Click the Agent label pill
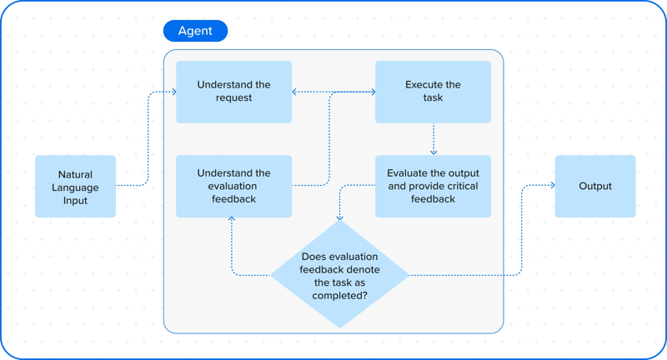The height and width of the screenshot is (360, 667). (x=195, y=31)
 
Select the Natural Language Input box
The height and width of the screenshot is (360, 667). (x=75, y=187)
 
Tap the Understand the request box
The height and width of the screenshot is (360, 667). (x=233, y=91)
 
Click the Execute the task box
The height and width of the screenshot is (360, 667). (x=433, y=91)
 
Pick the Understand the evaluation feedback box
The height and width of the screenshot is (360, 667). (x=233, y=186)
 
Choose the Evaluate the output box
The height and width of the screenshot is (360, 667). (x=433, y=186)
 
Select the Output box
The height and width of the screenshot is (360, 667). (x=594, y=186)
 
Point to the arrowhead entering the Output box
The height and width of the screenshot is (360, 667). (x=551, y=186)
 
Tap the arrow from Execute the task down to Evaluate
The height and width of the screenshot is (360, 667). (x=433, y=138)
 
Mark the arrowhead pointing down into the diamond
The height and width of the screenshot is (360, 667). (x=339, y=217)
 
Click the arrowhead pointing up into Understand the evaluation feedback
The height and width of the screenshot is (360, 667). (x=232, y=221)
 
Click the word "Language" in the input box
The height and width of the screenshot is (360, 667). (x=75, y=187)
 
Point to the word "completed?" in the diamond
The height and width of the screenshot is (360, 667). (x=339, y=295)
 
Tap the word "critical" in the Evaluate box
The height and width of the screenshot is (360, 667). (x=456, y=186)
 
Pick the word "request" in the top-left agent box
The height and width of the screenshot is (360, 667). (x=233, y=97)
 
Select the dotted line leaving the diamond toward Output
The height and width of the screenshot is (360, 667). (x=467, y=274)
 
